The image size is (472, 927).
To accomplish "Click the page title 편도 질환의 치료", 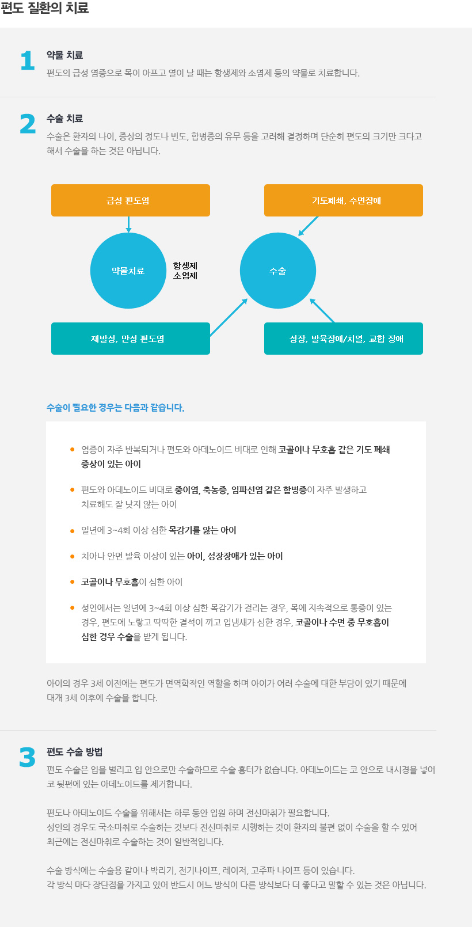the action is [x=45, y=7].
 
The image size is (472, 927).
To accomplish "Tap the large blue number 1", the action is [x=28, y=60].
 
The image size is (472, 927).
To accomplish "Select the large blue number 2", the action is [x=28, y=124].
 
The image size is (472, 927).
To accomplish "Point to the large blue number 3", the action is [x=27, y=757].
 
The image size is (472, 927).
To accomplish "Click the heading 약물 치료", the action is [x=64, y=55].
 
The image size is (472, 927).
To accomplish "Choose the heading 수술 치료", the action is [x=64, y=119].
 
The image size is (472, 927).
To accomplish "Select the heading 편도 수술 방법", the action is [x=74, y=751].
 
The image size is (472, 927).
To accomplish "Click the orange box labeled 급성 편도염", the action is [x=131, y=200].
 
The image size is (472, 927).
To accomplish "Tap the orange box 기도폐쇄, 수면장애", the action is [x=343, y=200].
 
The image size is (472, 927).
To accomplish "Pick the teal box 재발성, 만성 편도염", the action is [x=131, y=339].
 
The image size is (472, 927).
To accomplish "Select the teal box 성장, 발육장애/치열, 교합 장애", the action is [x=343, y=339].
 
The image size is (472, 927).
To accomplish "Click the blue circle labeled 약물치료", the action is [x=128, y=271].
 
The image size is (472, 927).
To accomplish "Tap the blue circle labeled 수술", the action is [x=278, y=271].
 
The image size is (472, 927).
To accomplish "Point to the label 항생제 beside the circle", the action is [x=185, y=265].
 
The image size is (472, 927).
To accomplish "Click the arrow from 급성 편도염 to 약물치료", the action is [x=129, y=225].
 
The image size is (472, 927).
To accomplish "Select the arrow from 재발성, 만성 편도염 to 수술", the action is [x=229, y=317].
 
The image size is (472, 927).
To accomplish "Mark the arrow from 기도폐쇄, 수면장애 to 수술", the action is [x=308, y=226].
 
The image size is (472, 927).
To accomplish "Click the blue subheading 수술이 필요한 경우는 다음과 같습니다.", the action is [x=116, y=408].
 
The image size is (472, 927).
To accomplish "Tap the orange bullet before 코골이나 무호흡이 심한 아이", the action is [x=73, y=582].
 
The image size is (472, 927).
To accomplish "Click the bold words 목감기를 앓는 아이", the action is [x=202, y=530].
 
